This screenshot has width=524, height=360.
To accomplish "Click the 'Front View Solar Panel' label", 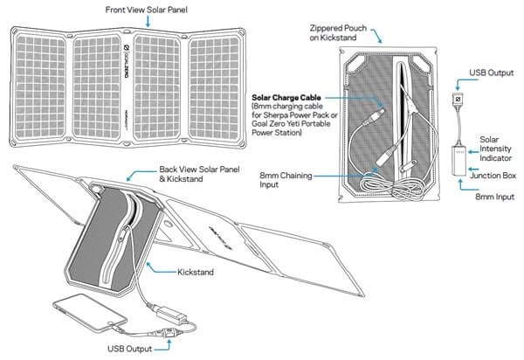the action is [147, 10].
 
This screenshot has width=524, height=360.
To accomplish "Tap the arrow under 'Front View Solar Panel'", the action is [148, 21].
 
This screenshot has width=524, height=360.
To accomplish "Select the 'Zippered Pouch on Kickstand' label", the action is [338, 32].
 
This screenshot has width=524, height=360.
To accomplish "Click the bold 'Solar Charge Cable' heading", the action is [286, 98].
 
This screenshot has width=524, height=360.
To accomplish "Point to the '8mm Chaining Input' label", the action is [286, 180].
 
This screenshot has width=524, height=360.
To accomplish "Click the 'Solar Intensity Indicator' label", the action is [495, 149].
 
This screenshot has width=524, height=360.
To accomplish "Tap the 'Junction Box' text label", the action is [493, 176].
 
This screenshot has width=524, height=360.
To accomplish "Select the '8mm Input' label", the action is [494, 197].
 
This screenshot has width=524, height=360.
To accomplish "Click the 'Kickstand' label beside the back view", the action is [196, 272].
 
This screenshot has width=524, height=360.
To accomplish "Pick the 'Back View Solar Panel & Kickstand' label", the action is [199, 174].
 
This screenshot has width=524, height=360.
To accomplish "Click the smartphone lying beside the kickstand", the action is [90, 313].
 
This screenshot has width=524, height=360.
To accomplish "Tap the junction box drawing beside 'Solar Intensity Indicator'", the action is [458, 161].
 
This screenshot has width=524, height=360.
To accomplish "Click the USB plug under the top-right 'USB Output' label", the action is [458, 100].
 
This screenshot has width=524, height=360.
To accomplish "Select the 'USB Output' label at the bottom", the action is [129, 349].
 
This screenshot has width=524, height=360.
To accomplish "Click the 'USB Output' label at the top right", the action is [491, 73].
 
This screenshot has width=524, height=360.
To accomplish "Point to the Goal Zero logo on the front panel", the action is [127, 61].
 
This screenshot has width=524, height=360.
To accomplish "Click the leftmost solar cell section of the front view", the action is [40, 87].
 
